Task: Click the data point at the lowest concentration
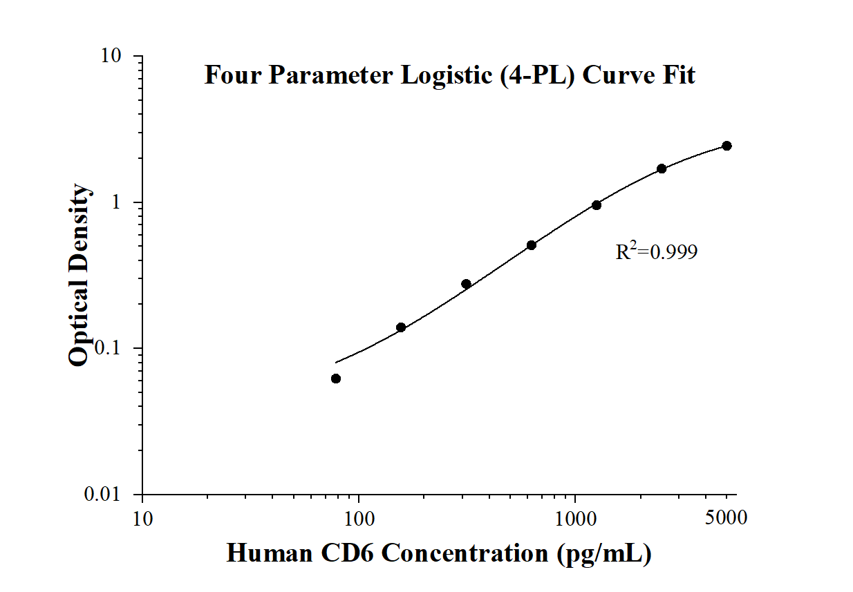point(336,379)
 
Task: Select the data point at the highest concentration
point(727,146)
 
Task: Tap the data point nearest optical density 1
point(597,205)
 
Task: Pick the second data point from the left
point(401,327)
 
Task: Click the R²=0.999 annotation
point(657,252)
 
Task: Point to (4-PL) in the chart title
point(533,75)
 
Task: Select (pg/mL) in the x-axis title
point(610,553)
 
